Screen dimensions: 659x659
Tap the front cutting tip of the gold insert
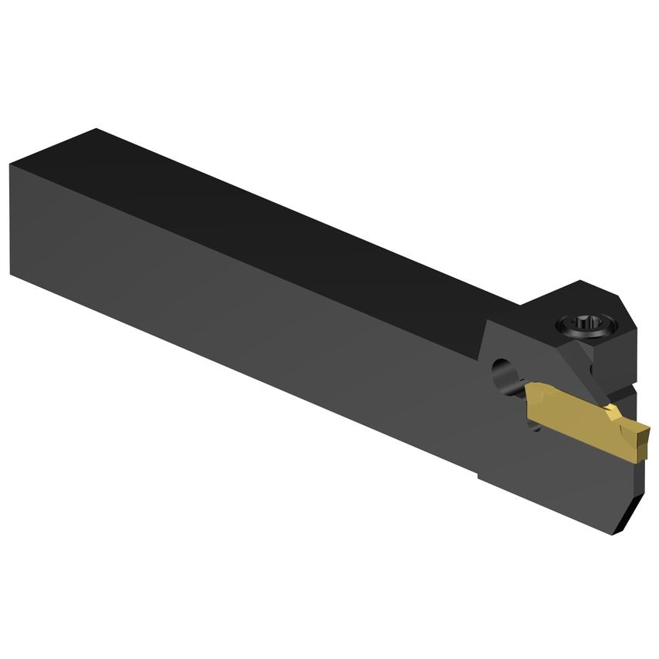click(x=645, y=446)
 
